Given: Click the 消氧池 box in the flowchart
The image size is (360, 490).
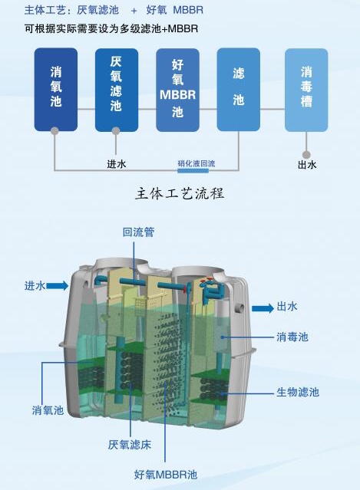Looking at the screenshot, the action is (x=56, y=90).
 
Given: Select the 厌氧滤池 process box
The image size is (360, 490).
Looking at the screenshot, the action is (x=117, y=90).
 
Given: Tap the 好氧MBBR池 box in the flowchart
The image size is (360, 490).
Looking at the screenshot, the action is (x=177, y=90).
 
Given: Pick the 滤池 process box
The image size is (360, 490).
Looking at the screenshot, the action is (x=238, y=90).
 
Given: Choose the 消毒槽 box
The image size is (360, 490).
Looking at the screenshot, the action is (x=306, y=90).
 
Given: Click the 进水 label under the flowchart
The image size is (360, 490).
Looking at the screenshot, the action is (x=117, y=164).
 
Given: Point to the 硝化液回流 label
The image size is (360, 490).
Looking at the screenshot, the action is (x=197, y=163).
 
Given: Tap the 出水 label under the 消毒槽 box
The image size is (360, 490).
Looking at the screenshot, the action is (x=307, y=165).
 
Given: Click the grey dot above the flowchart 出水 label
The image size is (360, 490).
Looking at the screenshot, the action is (x=306, y=154).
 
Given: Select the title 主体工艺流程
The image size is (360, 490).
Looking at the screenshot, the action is (x=180, y=193).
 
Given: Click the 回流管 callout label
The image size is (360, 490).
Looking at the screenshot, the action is (x=139, y=232).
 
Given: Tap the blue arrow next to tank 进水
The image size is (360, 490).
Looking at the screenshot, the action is (x=58, y=285).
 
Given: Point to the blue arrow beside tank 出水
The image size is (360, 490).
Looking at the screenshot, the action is (x=263, y=308).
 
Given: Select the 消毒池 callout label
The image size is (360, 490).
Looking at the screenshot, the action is (x=292, y=337).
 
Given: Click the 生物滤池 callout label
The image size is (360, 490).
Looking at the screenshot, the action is (x=298, y=392).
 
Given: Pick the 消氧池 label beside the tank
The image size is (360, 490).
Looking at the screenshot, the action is (x=48, y=410).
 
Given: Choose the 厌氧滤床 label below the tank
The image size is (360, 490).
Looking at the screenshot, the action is (x=130, y=445).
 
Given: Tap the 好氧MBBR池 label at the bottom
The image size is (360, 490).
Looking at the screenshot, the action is (x=166, y=475).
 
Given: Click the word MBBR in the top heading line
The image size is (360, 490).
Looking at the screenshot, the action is (x=188, y=10).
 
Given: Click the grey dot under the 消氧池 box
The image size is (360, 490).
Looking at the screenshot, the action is (x=54, y=130).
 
